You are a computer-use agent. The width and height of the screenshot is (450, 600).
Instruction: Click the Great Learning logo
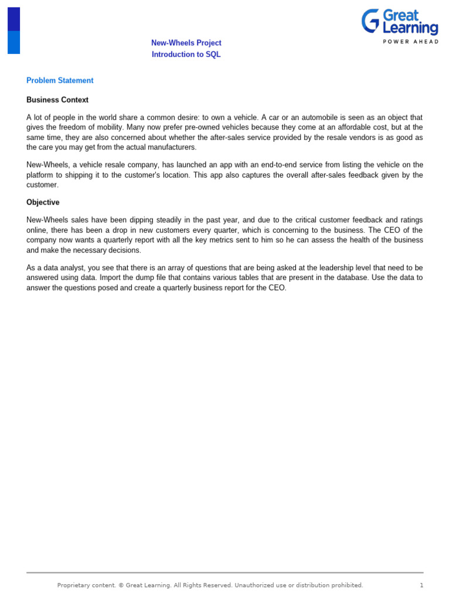[x=400, y=22]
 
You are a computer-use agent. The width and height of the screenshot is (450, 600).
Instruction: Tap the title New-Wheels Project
[x=186, y=43]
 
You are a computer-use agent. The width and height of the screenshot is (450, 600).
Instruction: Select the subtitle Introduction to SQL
[x=186, y=54]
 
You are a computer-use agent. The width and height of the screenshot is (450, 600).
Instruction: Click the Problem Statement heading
[x=60, y=80]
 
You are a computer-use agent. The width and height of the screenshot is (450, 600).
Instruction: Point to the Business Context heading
[x=57, y=100]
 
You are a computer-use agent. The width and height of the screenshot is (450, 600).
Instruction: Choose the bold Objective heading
[x=43, y=202]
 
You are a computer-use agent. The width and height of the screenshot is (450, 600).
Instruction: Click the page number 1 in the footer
[x=421, y=585]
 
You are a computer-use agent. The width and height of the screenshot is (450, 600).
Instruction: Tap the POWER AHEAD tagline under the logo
[x=410, y=42]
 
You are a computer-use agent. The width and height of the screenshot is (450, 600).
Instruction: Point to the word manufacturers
[x=173, y=148]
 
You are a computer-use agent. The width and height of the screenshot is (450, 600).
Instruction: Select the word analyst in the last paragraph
[x=74, y=268]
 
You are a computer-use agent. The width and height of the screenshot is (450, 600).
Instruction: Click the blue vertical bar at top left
[x=13, y=30]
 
